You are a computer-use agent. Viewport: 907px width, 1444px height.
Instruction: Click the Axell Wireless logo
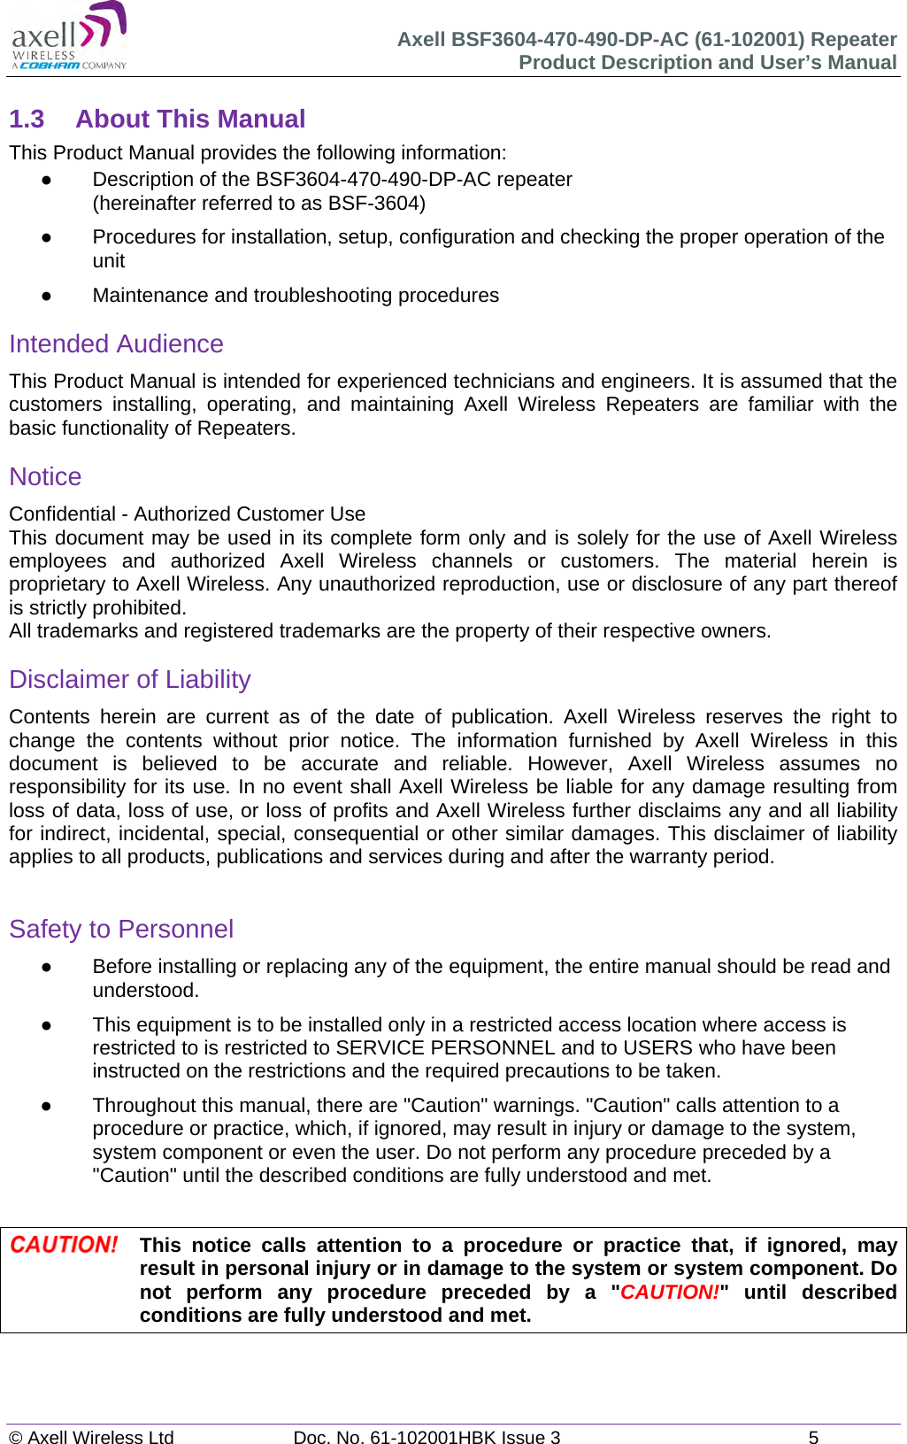pos(69,36)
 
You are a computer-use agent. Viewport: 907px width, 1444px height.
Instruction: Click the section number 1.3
pos(27,119)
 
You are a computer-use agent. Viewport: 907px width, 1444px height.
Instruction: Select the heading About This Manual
pos(190,119)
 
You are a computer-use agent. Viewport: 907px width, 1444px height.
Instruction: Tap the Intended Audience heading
pos(116,344)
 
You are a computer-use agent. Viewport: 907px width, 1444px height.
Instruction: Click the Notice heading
pos(45,476)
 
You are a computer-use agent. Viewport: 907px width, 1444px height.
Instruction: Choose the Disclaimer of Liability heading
pos(130,679)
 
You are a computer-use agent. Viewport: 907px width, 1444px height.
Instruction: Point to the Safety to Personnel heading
pos(121,929)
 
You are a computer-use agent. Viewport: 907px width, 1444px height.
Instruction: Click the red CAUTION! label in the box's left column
pos(64,1245)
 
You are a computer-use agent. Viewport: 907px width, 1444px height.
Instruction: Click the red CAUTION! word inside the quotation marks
pos(670,1292)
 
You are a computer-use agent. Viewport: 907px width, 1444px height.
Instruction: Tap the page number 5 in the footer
pos(813,1437)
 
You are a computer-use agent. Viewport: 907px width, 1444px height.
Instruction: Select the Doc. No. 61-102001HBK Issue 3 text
pos(427,1437)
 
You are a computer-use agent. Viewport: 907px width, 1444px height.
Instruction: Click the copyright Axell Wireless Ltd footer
pos(91,1437)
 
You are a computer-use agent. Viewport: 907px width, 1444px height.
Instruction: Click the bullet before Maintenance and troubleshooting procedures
pos(45,296)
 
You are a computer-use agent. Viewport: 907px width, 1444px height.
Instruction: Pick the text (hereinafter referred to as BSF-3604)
pos(258,204)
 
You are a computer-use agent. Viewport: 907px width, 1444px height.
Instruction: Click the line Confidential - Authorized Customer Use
pos(187,514)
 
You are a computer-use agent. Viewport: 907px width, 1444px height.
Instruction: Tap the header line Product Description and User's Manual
pos(707,63)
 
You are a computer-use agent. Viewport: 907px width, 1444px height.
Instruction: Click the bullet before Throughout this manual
pos(45,1106)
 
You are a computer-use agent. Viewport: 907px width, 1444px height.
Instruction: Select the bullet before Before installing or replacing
pos(45,967)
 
